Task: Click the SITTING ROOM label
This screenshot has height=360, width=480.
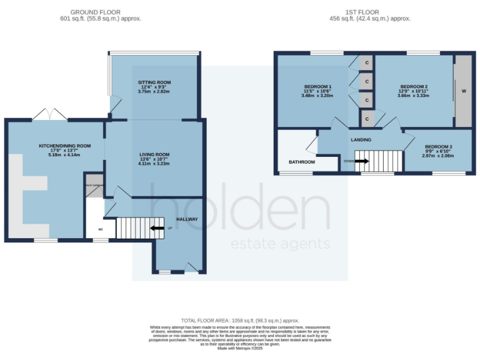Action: click(x=154, y=82)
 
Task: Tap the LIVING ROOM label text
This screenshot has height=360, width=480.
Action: click(x=154, y=154)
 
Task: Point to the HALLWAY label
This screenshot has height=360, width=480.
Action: click(x=186, y=219)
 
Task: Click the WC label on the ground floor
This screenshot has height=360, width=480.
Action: click(x=100, y=229)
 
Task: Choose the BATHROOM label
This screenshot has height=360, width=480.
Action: click(x=301, y=162)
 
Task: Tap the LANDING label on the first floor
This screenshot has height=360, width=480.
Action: click(x=361, y=140)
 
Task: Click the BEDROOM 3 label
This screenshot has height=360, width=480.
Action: click(x=437, y=146)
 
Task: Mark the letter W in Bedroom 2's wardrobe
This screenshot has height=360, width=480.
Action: click(x=463, y=91)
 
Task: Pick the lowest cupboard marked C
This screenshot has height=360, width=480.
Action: click(x=367, y=118)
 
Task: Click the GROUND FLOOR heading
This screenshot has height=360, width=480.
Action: click(x=95, y=12)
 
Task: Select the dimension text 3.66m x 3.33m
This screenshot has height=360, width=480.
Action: click(x=414, y=96)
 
